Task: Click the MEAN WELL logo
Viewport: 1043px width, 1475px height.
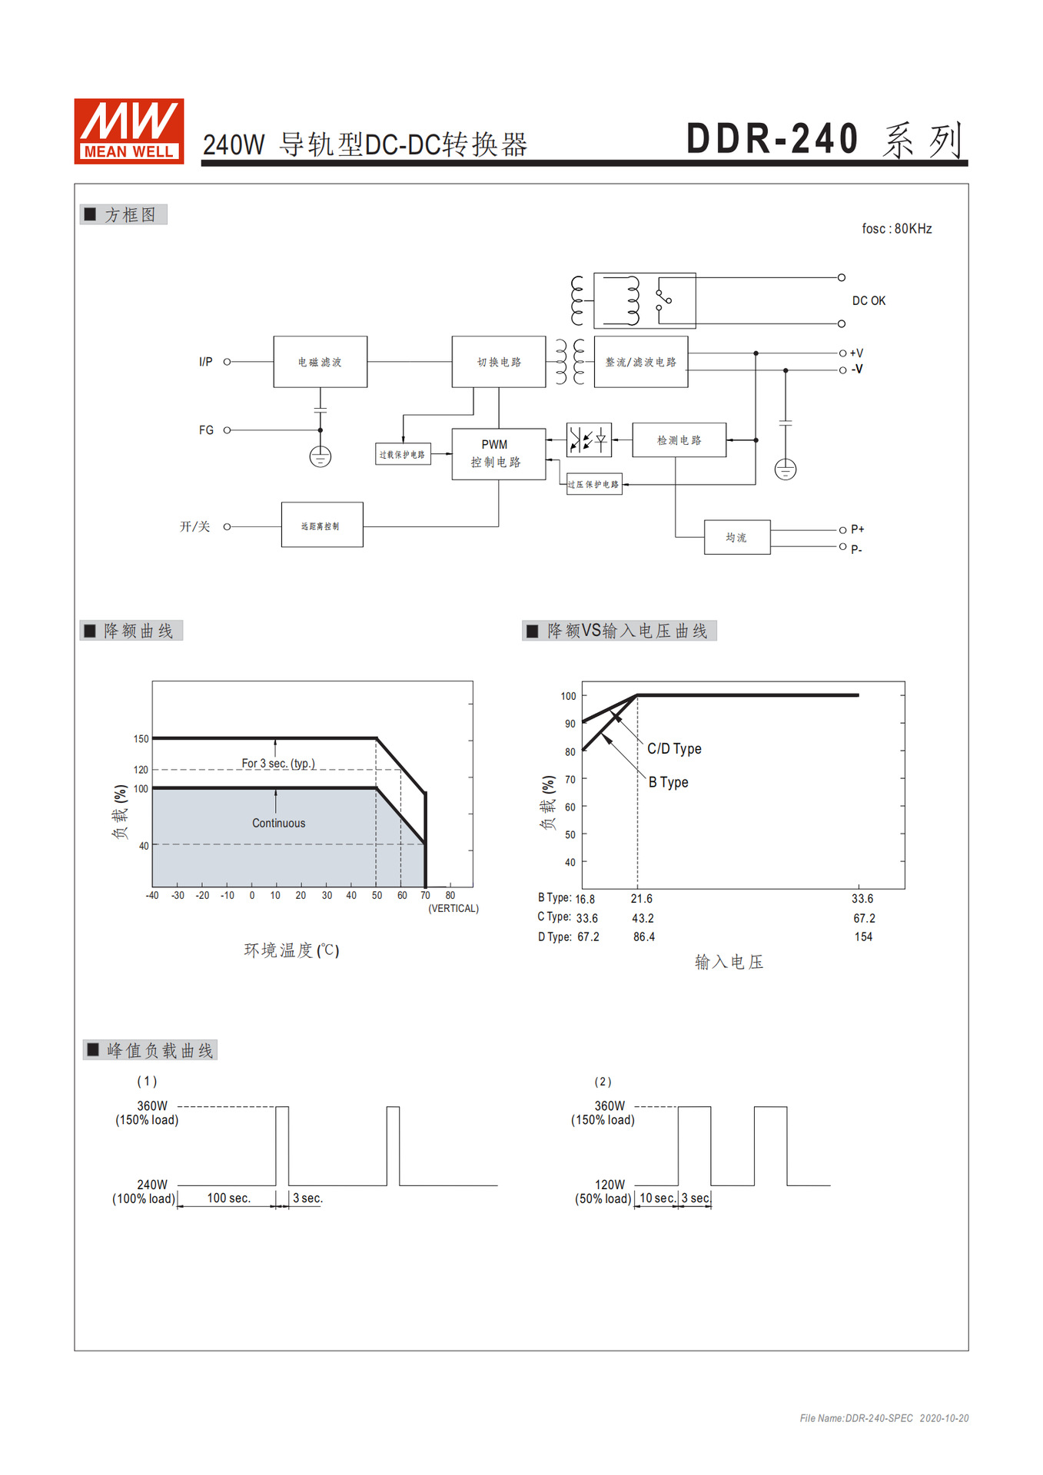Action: tap(128, 131)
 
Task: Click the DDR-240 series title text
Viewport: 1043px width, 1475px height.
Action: tap(823, 140)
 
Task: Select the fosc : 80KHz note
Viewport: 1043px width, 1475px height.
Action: tap(896, 229)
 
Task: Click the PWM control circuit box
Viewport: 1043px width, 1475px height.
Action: tap(498, 454)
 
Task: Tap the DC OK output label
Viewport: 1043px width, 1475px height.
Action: tap(869, 301)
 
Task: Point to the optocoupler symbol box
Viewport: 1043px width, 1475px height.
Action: tap(589, 440)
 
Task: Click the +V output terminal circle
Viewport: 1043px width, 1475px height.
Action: tap(842, 353)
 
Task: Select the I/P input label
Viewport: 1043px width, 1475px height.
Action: tap(205, 362)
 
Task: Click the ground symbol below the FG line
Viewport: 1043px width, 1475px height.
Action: tap(321, 457)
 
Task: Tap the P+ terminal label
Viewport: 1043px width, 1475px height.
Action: tap(857, 530)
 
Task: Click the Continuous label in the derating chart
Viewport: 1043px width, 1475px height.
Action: tap(278, 824)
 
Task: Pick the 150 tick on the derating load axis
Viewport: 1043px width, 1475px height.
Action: tap(141, 739)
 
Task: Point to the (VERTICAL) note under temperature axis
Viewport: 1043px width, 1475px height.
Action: tap(453, 909)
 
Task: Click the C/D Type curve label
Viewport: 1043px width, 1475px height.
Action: tap(674, 749)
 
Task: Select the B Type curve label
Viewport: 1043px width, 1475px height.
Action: tap(668, 783)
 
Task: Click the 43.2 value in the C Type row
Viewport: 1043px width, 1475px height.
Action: tap(643, 919)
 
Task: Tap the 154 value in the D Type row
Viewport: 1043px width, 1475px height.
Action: tap(863, 937)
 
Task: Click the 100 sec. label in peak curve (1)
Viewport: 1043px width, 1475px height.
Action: tap(228, 1198)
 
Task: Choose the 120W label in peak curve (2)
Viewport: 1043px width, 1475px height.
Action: tap(610, 1185)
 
